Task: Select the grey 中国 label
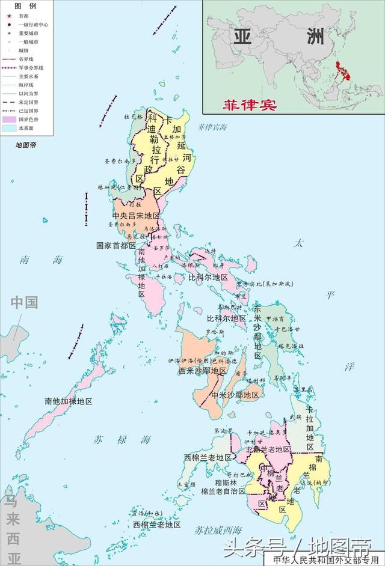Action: [24, 302]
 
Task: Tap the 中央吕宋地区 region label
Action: [136, 216]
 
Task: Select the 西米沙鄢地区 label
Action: [202, 371]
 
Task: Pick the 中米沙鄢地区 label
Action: [235, 395]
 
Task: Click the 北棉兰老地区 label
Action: [268, 449]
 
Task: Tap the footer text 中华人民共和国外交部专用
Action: [327, 560]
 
